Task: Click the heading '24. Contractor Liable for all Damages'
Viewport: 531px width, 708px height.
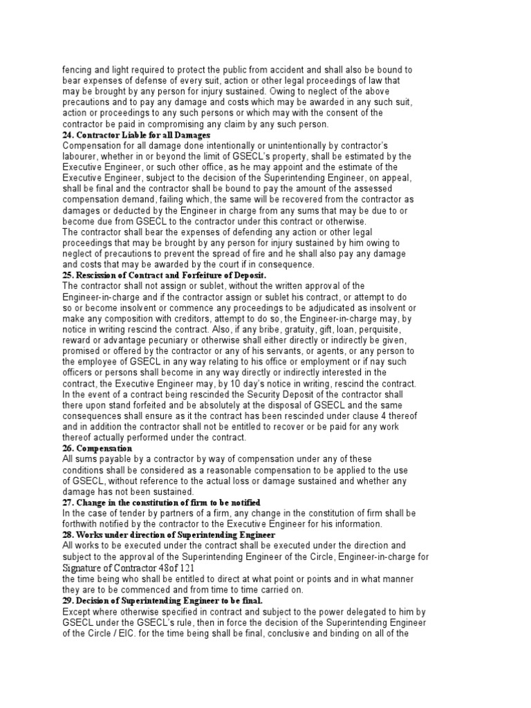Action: tap(136, 135)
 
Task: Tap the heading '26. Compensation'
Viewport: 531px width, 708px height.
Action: tap(97, 448)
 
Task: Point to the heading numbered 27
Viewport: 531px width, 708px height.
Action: tap(161, 502)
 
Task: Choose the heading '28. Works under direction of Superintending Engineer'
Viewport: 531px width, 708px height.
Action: tap(169, 535)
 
